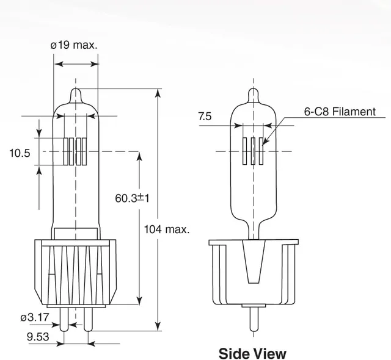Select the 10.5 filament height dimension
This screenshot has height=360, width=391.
(20, 153)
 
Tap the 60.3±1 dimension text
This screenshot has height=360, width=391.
(133, 198)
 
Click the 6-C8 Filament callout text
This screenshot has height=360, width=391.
(340, 112)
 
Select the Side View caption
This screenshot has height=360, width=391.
(252, 353)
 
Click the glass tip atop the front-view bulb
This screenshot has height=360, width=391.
(76, 96)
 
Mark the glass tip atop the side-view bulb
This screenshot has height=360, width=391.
(253, 96)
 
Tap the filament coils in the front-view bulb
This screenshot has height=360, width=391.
(76, 150)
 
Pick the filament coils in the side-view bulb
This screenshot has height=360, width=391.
(253, 150)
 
